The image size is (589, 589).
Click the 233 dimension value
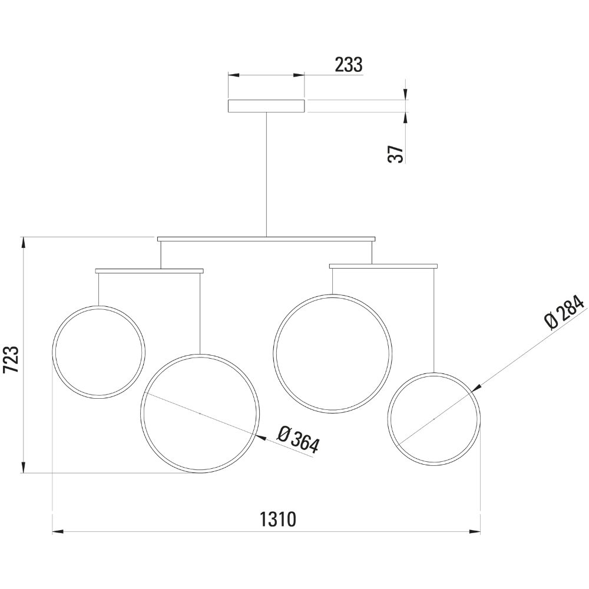349,65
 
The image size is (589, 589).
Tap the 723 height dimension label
12,360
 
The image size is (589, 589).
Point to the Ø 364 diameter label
298,440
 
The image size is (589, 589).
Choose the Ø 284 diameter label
564,313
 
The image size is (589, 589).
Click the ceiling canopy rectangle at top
266,106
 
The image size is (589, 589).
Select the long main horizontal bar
266,239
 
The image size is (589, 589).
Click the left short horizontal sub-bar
150,271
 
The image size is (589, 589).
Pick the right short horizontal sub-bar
383,266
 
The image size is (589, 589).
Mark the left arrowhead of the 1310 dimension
58,531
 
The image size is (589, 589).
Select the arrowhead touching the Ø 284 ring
477,388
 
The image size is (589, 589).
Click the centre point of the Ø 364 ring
200,413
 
